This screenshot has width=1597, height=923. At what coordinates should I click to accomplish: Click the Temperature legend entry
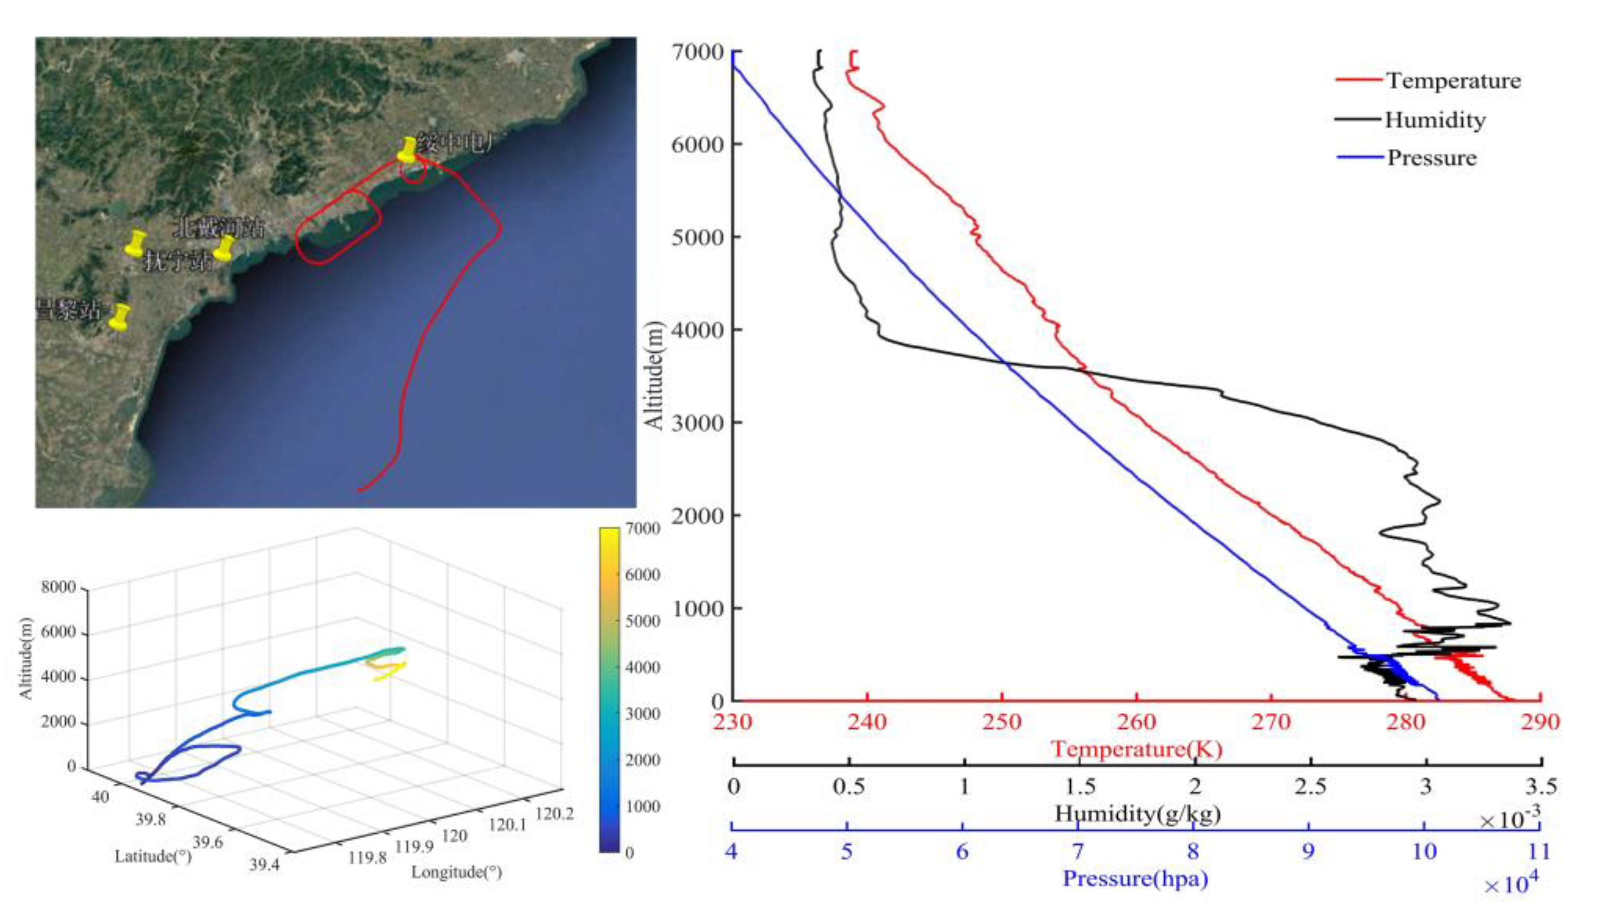[x=1452, y=80]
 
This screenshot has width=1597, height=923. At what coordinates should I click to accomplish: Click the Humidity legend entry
[x=1435, y=120]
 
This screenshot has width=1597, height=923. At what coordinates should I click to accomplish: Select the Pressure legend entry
[x=1432, y=158]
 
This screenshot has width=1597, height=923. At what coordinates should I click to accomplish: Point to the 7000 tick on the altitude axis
[x=697, y=52]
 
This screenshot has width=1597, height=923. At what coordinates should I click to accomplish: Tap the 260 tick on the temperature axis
[x=1137, y=721]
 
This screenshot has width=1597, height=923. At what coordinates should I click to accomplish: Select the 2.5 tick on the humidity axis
[x=1310, y=787]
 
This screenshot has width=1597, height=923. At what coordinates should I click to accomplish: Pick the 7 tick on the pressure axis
[x=1078, y=851]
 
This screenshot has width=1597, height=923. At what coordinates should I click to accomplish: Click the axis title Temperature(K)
[x=1137, y=749]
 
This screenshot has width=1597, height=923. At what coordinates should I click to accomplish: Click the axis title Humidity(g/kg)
[x=1137, y=813]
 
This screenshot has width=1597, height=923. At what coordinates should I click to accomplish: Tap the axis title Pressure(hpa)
[x=1135, y=879]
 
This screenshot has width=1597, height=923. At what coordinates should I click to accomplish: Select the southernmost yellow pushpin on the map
[x=119, y=317]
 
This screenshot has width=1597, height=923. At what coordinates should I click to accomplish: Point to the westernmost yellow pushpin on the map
[x=136, y=243]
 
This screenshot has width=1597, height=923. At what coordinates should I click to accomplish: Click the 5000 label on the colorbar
[x=643, y=621]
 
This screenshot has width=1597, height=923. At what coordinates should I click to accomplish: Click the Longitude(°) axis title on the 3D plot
[x=456, y=872]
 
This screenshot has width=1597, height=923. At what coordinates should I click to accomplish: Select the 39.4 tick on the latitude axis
[x=264, y=865]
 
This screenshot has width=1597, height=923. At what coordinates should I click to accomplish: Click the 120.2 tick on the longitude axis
[x=554, y=813]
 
